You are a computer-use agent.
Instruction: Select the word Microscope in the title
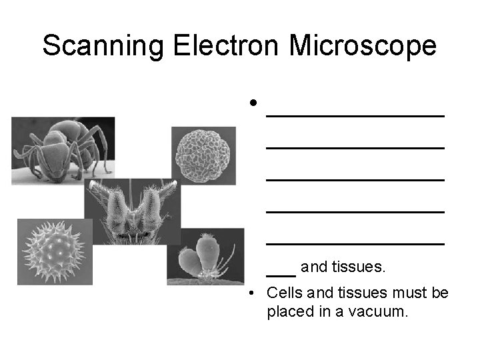(x=363, y=46)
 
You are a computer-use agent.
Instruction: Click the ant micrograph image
(x=63, y=151)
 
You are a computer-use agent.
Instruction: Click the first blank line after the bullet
(x=355, y=116)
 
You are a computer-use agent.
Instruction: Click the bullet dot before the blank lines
(x=253, y=104)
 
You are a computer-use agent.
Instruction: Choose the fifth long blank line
(x=355, y=244)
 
